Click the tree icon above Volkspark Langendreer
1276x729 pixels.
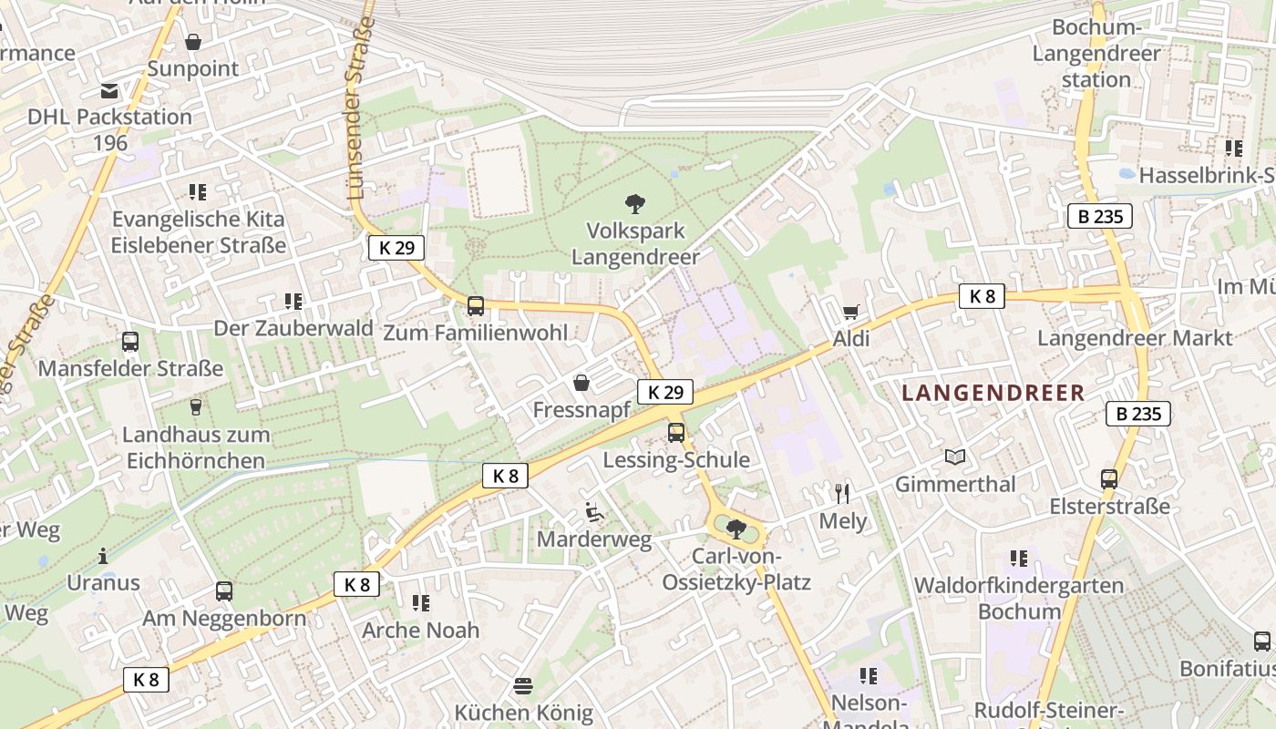(635, 203)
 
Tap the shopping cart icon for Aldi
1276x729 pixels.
(850, 313)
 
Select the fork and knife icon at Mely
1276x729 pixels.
(842, 494)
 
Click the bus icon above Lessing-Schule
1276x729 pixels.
(675, 433)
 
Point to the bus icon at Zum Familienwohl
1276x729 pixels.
(475, 306)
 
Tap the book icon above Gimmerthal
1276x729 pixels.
(954, 457)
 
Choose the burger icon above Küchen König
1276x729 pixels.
(523, 685)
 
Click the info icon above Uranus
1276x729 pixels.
(103, 555)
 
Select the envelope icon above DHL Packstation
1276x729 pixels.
(109, 91)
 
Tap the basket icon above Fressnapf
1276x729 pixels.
(581, 383)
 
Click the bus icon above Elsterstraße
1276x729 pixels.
(1109, 478)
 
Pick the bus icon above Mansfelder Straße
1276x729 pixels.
(130, 342)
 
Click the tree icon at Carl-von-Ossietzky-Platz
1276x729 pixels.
(736, 528)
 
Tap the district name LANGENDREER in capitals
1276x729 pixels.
(993, 393)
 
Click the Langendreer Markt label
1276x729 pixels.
(1135, 338)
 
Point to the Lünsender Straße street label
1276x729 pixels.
(361, 107)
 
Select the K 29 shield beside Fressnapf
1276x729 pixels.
(664, 392)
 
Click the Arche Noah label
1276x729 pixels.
(420, 630)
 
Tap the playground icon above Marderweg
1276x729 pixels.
(593, 512)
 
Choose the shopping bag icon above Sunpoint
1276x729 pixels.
(193, 42)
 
